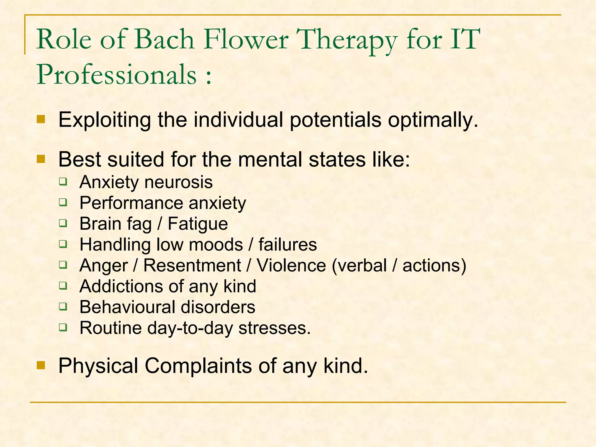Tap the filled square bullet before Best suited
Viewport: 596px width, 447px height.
(41, 159)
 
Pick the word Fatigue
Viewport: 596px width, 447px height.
(198, 224)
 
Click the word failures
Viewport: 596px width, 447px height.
(288, 244)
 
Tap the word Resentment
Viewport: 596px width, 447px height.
(192, 265)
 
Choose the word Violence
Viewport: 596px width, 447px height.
(291, 265)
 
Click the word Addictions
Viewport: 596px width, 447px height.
(121, 286)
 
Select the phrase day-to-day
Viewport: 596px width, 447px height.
(190, 328)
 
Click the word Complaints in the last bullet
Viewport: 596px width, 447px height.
(198, 366)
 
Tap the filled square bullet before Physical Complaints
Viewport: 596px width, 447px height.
(41, 365)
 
